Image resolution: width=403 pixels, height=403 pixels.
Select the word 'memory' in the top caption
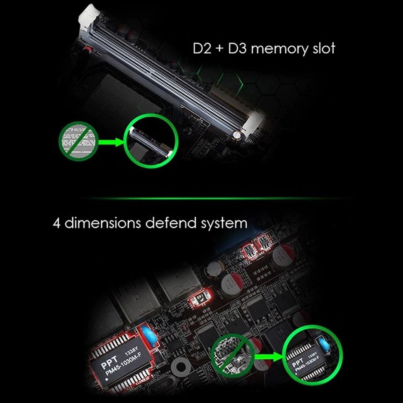pyautogui.click(x=279, y=48)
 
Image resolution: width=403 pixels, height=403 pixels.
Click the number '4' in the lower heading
pyautogui.click(x=57, y=222)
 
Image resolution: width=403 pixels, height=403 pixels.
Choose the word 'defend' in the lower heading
pyautogui.click(x=169, y=222)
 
